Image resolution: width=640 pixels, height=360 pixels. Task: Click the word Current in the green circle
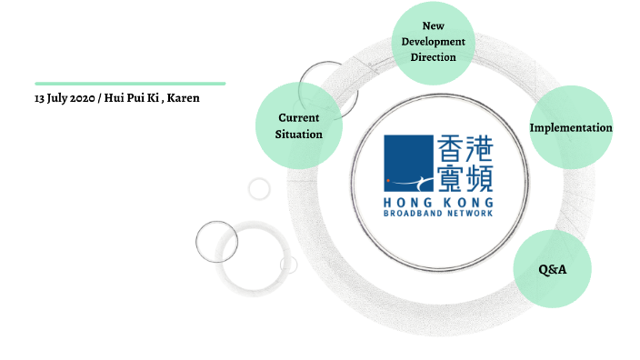point(298,118)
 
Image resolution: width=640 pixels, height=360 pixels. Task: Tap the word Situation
point(298,134)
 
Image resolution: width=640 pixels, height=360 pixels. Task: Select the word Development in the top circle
point(433,42)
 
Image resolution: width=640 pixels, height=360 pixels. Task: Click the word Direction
point(433,57)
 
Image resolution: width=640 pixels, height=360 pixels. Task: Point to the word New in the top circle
point(433,26)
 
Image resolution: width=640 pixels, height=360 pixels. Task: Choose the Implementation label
point(571,128)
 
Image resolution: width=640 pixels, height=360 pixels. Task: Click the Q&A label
point(553,269)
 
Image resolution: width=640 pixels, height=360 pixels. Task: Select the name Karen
point(184,98)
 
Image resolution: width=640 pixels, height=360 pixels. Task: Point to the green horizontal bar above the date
point(130,83)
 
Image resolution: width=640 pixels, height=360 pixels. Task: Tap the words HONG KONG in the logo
point(439,201)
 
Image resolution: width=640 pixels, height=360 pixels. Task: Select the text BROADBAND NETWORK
point(439,213)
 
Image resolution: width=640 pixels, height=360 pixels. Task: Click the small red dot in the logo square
point(388,181)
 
